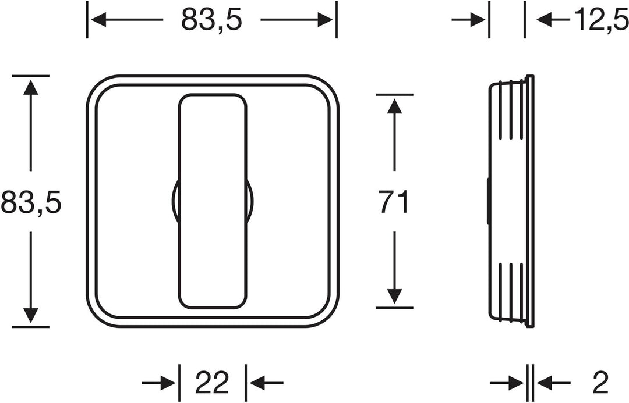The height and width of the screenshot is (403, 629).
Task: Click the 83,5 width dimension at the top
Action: coord(211,19)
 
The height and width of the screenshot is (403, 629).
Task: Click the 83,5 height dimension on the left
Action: coord(31,202)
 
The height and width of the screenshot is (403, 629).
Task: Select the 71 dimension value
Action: coord(394,202)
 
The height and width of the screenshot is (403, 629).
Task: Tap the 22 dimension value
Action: coord(212,382)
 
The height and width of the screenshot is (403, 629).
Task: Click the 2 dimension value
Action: coord(600,383)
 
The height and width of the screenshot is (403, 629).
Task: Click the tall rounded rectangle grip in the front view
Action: coord(213,201)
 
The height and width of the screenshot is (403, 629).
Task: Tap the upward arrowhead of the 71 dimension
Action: coord(394,106)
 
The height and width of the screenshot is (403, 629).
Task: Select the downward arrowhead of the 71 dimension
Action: coord(394,297)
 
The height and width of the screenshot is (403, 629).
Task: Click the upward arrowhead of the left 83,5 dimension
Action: coord(30,87)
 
